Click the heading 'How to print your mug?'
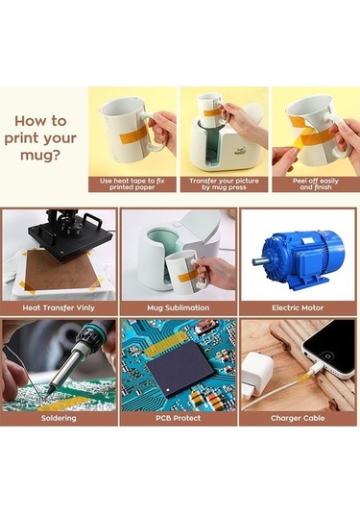click(x=40, y=138)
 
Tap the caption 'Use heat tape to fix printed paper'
click(x=132, y=184)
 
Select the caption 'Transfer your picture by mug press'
click(x=224, y=184)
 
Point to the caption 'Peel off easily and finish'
click(x=316, y=184)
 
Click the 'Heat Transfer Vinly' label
click(x=59, y=307)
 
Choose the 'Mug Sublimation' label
click(x=179, y=307)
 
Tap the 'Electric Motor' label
click(x=298, y=307)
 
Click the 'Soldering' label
click(x=59, y=418)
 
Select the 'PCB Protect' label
click(x=179, y=418)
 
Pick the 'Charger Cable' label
click(x=298, y=418)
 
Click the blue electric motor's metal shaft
click(x=259, y=261)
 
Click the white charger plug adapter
click(x=256, y=374)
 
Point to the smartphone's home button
click(x=327, y=356)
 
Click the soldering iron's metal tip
click(x=49, y=391)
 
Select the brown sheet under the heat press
click(x=59, y=269)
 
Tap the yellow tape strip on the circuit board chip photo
click(x=166, y=344)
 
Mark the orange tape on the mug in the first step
click(x=132, y=135)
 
